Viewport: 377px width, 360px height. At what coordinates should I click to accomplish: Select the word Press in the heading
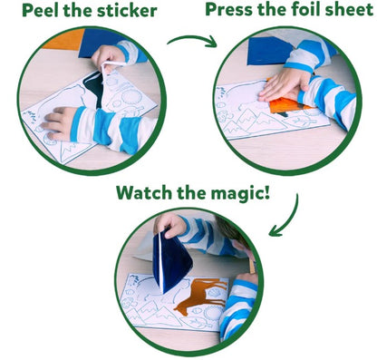232,10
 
